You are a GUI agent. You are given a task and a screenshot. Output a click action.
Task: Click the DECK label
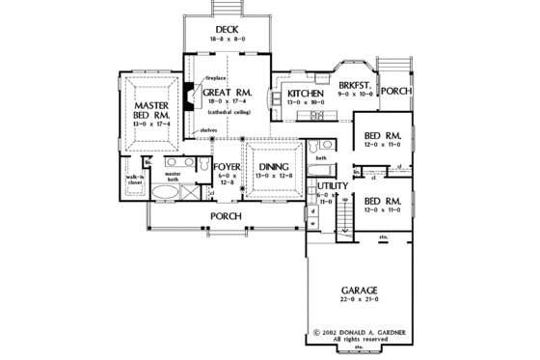click(x=227, y=29)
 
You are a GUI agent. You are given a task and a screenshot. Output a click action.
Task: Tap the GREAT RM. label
click(x=229, y=94)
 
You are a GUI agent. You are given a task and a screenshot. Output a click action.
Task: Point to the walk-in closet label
click(x=134, y=180)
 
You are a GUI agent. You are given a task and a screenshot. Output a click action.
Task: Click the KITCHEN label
click(x=307, y=94)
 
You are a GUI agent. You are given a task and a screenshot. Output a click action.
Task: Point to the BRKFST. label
click(x=355, y=85)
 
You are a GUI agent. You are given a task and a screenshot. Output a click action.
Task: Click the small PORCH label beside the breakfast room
click(x=394, y=91)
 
